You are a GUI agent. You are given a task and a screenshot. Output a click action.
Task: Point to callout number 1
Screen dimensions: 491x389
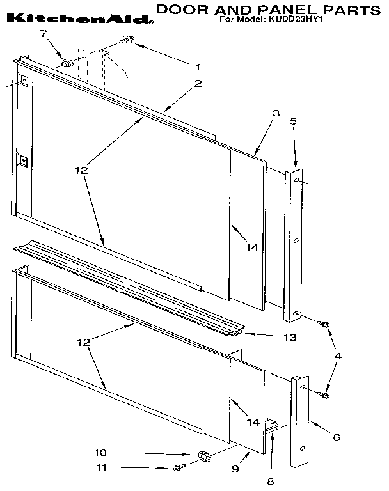(x=198, y=66)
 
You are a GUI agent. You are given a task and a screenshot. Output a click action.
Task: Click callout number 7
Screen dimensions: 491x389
(x=44, y=34)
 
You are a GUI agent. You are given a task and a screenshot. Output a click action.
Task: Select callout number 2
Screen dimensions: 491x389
(x=198, y=82)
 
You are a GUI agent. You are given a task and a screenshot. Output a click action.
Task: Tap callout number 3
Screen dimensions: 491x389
(x=276, y=113)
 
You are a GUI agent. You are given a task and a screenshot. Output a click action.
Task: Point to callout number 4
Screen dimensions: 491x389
(x=338, y=355)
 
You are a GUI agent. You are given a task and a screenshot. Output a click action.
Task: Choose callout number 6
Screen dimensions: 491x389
(x=337, y=437)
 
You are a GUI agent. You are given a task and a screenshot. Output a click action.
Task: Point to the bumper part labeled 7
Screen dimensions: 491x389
(x=66, y=62)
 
